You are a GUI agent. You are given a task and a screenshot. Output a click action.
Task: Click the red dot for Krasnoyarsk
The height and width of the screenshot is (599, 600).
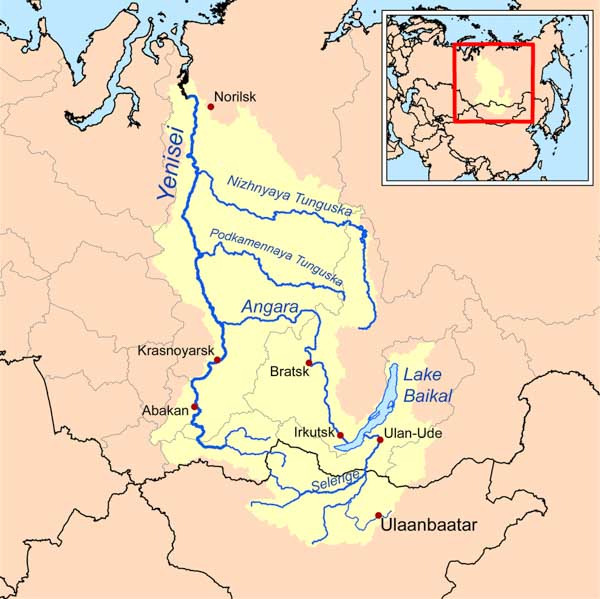click(218, 360)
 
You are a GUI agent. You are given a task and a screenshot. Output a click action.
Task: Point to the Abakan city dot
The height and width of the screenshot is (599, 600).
click(196, 407)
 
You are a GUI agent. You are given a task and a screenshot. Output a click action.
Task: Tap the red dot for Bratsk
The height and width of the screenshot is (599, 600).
click(310, 362)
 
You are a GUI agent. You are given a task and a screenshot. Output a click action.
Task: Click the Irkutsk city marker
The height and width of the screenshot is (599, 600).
click(340, 435)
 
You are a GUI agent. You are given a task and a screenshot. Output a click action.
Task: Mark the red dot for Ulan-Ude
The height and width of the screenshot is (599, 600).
click(380, 439)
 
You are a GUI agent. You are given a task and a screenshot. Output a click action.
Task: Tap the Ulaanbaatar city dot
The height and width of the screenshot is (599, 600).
click(378, 516)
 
